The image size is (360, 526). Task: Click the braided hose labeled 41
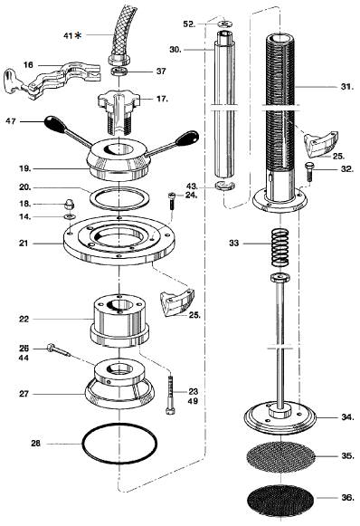point(120,33)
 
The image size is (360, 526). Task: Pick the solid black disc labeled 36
point(280,499)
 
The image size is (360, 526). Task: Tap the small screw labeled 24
point(171,201)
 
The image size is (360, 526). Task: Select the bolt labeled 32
point(308,171)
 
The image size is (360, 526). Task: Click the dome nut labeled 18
point(70,204)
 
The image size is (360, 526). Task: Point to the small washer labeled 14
point(70,216)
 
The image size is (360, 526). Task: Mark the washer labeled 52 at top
point(225,24)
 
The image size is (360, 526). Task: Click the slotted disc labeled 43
point(224,185)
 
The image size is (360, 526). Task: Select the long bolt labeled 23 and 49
point(170,395)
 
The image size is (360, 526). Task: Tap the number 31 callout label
point(347,87)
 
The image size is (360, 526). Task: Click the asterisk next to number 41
point(78,35)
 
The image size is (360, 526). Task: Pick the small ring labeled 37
point(119,72)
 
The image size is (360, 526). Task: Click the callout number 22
point(24,319)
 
